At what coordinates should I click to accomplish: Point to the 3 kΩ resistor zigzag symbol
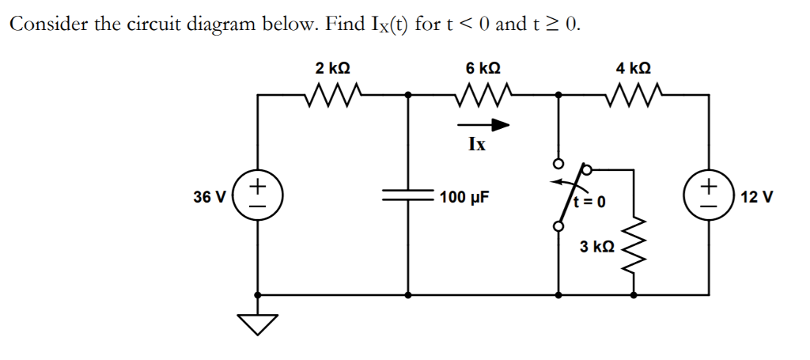coord(633,246)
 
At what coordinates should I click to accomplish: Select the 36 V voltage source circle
coord(258,195)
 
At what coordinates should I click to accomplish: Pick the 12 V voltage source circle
coord(708,195)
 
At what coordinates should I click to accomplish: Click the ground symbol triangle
coord(258,322)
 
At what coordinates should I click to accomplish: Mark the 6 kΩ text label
coord(483,69)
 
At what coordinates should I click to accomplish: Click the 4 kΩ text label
coord(633,69)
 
